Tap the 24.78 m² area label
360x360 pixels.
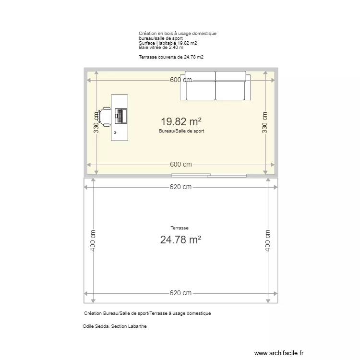pyautogui.click(x=180, y=240)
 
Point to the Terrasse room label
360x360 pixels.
pyautogui.click(x=180, y=228)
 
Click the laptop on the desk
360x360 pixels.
pyautogui.click(x=120, y=116)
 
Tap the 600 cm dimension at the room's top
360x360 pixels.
pyautogui.click(x=181, y=80)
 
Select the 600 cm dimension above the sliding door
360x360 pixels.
pyautogui.click(x=181, y=164)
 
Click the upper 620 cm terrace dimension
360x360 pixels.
pyautogui.click(x=181, y=187)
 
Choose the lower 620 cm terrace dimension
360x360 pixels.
pyautogui.click(x=181, y=293)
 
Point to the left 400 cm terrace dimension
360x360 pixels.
pyautogui.click(x=93, y=240)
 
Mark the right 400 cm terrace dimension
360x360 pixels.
pyautogui.click(x=268, y=240)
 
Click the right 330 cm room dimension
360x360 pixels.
pyautogui.click(x=264, y=122)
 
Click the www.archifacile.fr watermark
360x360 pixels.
pyautogui.click(x=279, y=352)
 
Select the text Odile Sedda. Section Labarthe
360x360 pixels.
pyautogui.click(x=115, y=326)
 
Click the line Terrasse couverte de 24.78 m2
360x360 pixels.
pyautogui.click(x=171, y=57)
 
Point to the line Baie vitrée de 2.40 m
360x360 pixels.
pyautogui.click(x=161, y=48)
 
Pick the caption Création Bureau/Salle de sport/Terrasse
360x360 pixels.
pyautogui.click(x=147, y=313)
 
